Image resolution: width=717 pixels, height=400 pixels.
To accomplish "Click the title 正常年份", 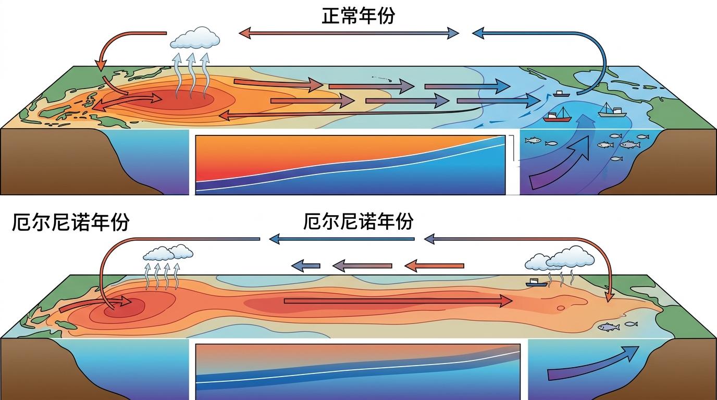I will click(x=358, y=15).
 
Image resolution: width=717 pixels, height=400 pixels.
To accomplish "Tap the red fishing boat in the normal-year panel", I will click(x=557, y=116).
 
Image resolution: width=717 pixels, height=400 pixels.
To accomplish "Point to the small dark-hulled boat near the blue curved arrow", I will click(x=560, y=94).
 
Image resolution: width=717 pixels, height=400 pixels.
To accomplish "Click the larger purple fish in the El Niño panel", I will click(x=609, y=327).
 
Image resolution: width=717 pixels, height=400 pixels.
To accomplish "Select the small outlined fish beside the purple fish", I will click(x=631, y=324).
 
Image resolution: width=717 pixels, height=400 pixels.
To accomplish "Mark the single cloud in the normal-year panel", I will click(x=195, y=37).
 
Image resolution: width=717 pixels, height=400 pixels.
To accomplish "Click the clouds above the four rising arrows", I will click(x=168, y=253).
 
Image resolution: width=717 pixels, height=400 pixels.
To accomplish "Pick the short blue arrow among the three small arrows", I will click(x=306, y=265).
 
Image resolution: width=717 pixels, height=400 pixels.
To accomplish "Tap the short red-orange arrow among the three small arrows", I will click(x=435, y=266).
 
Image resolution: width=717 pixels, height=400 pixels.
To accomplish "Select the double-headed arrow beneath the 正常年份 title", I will click(x=349, y=34).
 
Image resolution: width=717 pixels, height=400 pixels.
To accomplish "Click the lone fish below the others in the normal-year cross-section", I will click(x=616, y=158).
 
